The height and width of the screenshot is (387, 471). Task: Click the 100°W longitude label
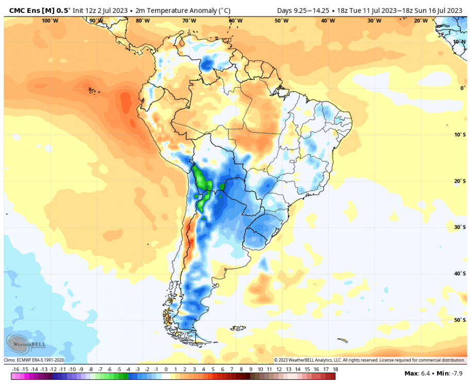[x=50, y=21]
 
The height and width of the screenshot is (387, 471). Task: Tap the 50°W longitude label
[x=281, y=21]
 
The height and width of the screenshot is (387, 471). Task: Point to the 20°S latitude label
[x=460, y=181]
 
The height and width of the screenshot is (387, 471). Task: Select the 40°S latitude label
[x=460, y=273]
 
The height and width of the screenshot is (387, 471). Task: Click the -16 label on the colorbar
[x=15, y=369]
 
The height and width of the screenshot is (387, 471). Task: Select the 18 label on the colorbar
[x=335, y=369]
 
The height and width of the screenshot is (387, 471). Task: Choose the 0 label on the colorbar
[x=166, y=369]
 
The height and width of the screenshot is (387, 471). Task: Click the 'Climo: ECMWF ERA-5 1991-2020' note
[x=34, y=360]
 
